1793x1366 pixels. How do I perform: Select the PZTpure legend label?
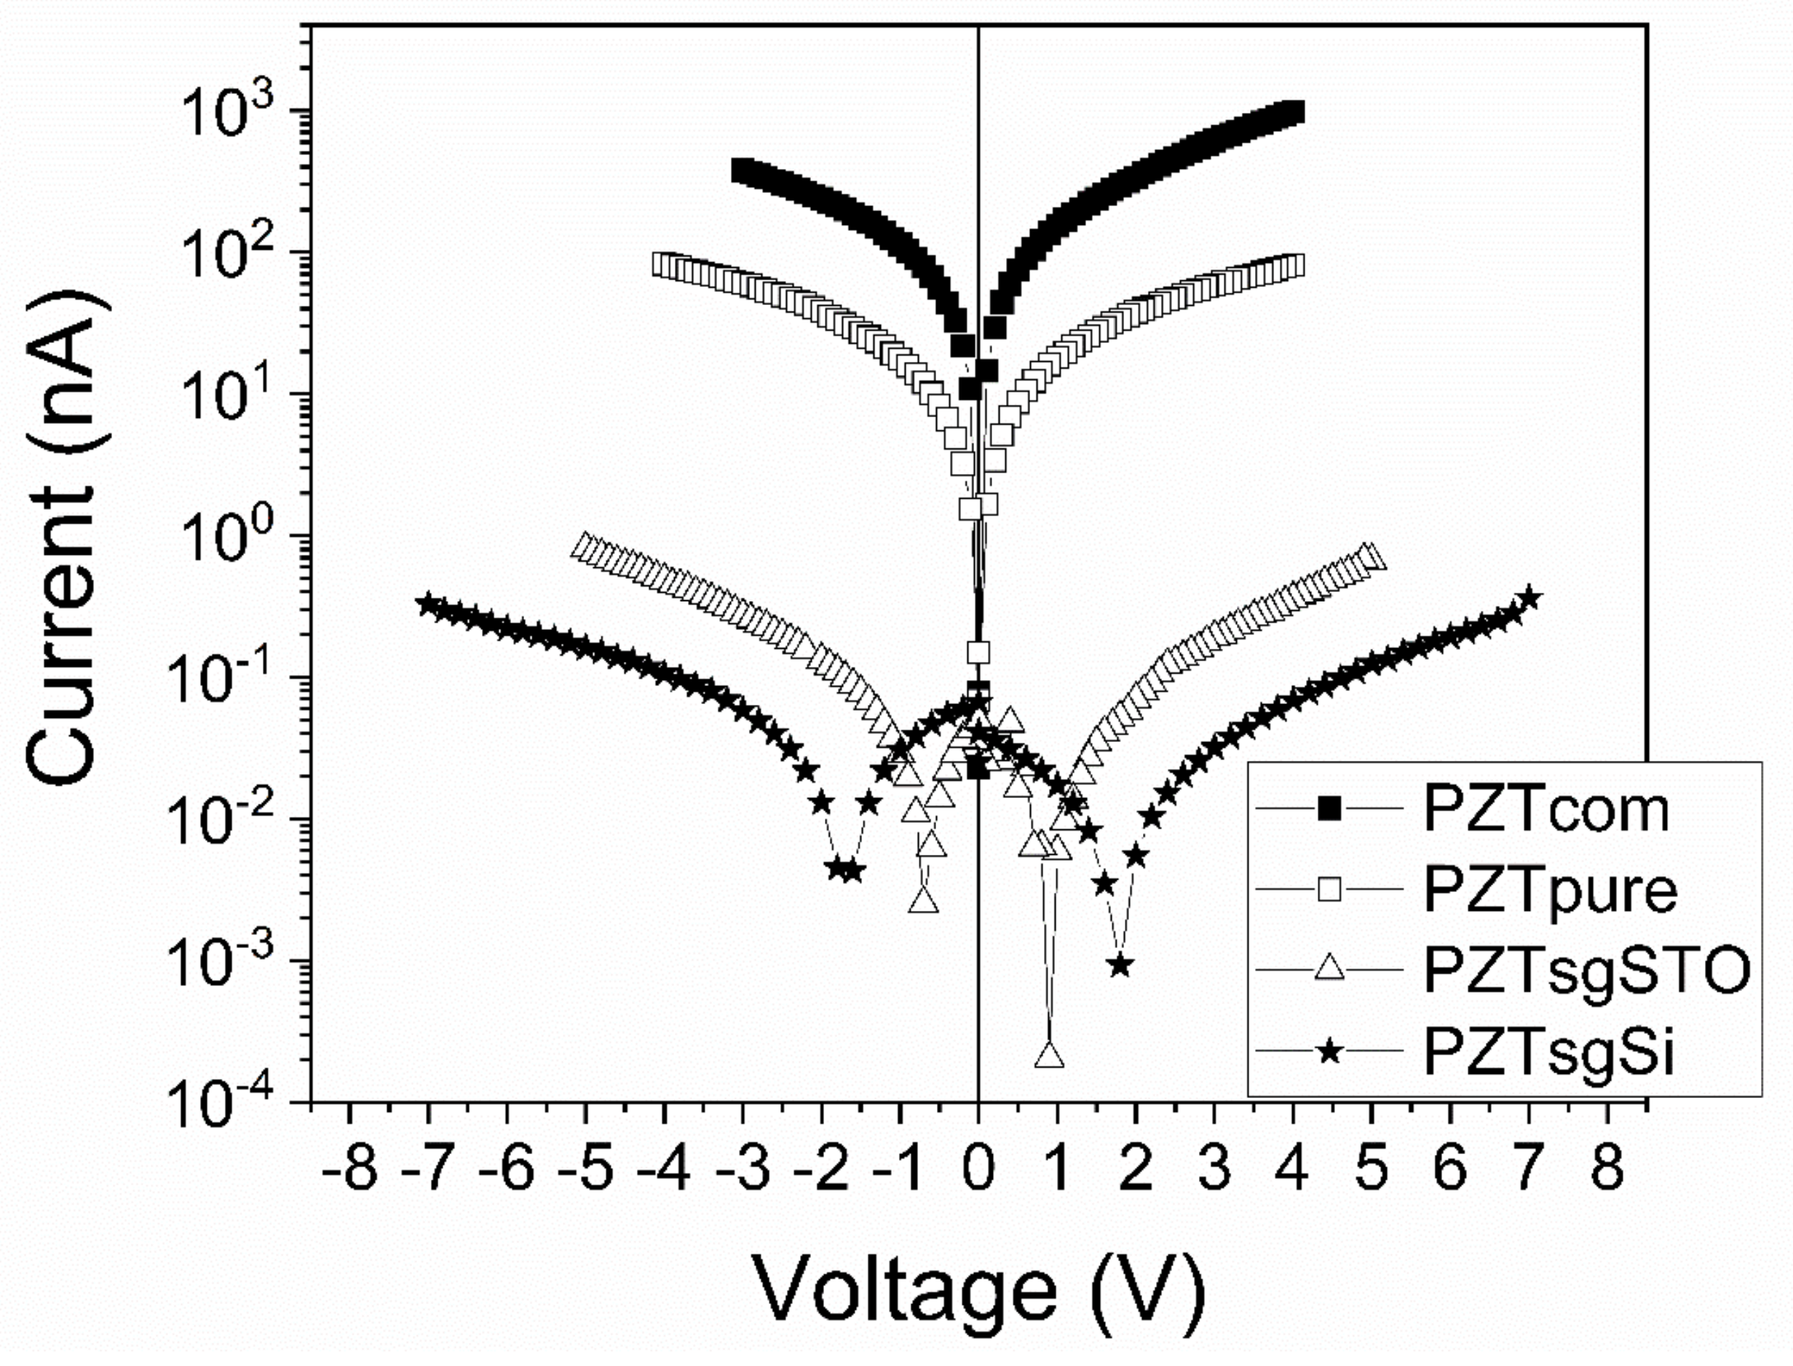tap(1550, 891)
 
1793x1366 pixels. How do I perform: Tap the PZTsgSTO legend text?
tap(1586, 971)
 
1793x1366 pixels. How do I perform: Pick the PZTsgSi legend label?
tap(1549, 1052)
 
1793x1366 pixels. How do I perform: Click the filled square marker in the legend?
tap(1330, 808)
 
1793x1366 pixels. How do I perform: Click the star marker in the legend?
tap(1330, 1052)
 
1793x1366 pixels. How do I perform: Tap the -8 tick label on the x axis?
tap(349, 1169)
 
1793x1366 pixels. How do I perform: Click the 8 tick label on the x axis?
tap(1607, 1169)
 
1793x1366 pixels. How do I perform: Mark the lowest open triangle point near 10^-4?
tap(1049, 1055)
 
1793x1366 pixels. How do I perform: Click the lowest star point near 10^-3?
tap(1121, 965)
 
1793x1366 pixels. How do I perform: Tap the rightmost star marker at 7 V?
tap(1529, 598)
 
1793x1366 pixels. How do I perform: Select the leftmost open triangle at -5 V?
tap(584, 545)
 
